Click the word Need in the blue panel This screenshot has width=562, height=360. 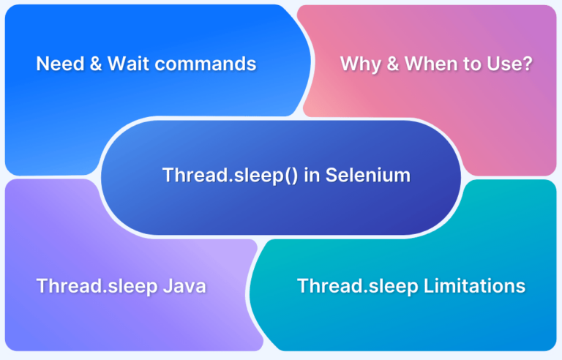tap(60, 64)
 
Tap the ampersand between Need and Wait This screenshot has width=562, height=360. tap(96, 64)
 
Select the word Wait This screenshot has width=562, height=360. tap(128, 64)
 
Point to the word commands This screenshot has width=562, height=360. tap(206, 64)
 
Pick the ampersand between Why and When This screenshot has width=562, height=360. tap(393, 64)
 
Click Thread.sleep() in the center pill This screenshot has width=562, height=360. tap(230, 176)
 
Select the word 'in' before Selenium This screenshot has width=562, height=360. tap(312, 175)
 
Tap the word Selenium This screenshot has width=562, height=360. tap(368, 175)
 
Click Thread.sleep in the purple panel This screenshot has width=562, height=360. tap(97, 287)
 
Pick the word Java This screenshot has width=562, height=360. tap(185, 286)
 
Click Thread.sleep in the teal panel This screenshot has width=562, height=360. tap(358, 287)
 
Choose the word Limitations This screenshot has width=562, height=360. tap(474, 286)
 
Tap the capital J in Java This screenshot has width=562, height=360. tap(168, 286)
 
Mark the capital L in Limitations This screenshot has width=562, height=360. tap(429, 286)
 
